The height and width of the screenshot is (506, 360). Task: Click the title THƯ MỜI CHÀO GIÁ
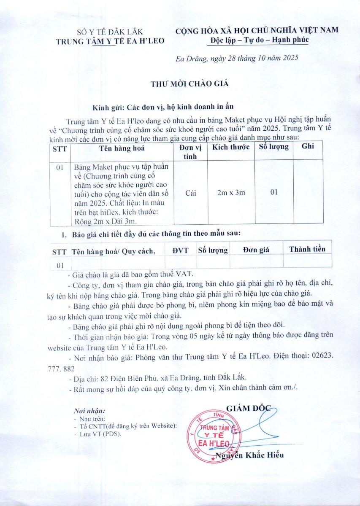(x=189, y=83)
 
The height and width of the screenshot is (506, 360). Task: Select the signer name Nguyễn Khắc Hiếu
(x=249, y=455)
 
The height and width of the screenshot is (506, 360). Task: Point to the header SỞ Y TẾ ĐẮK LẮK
(x=110, y=32)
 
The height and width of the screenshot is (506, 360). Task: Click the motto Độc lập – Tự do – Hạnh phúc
(x=259, y=40)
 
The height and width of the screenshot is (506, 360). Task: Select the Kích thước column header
(x=230, y=147)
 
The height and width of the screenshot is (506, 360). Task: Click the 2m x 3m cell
(x=230, y=193)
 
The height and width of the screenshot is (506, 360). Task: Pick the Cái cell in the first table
(x=190, y=193)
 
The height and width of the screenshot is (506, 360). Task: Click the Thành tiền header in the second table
(x=307, y=249)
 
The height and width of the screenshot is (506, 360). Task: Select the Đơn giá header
(x=256, y=250)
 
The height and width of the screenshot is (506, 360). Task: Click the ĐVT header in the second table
(x=180, y=250)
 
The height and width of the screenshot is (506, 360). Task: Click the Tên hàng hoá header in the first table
(x=122, y=148)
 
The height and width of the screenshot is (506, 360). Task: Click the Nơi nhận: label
(x=89, y=410)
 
